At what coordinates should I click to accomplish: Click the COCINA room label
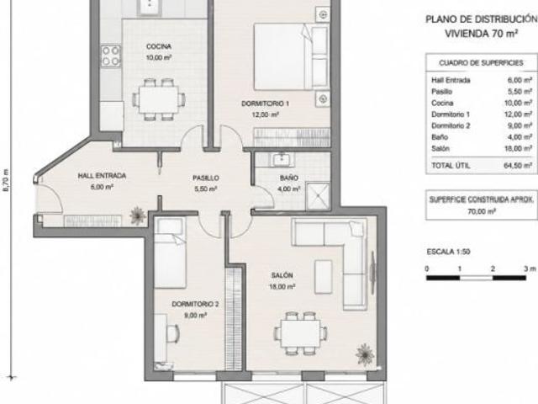click(159, 46)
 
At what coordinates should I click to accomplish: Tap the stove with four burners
click(111, 56)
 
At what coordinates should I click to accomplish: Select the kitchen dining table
click(159, 99)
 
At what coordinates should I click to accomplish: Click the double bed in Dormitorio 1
click(291, 56)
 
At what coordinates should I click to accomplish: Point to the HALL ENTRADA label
click(102, 176)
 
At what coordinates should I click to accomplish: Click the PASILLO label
click(205, 178)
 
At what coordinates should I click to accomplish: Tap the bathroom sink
click(282, 160)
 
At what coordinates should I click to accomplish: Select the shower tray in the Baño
click(318, 196)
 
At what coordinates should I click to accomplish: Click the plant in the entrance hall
click(138, 215)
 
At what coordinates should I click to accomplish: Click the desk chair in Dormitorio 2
click(172, 332)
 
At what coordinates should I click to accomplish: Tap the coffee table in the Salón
click(323, 277)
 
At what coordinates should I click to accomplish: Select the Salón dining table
click(301, 333)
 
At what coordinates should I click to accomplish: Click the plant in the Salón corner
click(365, 353)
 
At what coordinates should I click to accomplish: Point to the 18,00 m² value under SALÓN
click(282, 286)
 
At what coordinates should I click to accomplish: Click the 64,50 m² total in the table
click(518, 166)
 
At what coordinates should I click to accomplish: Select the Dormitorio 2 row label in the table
click(451, 125)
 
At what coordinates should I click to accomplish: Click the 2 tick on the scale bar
click(493, 269)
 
